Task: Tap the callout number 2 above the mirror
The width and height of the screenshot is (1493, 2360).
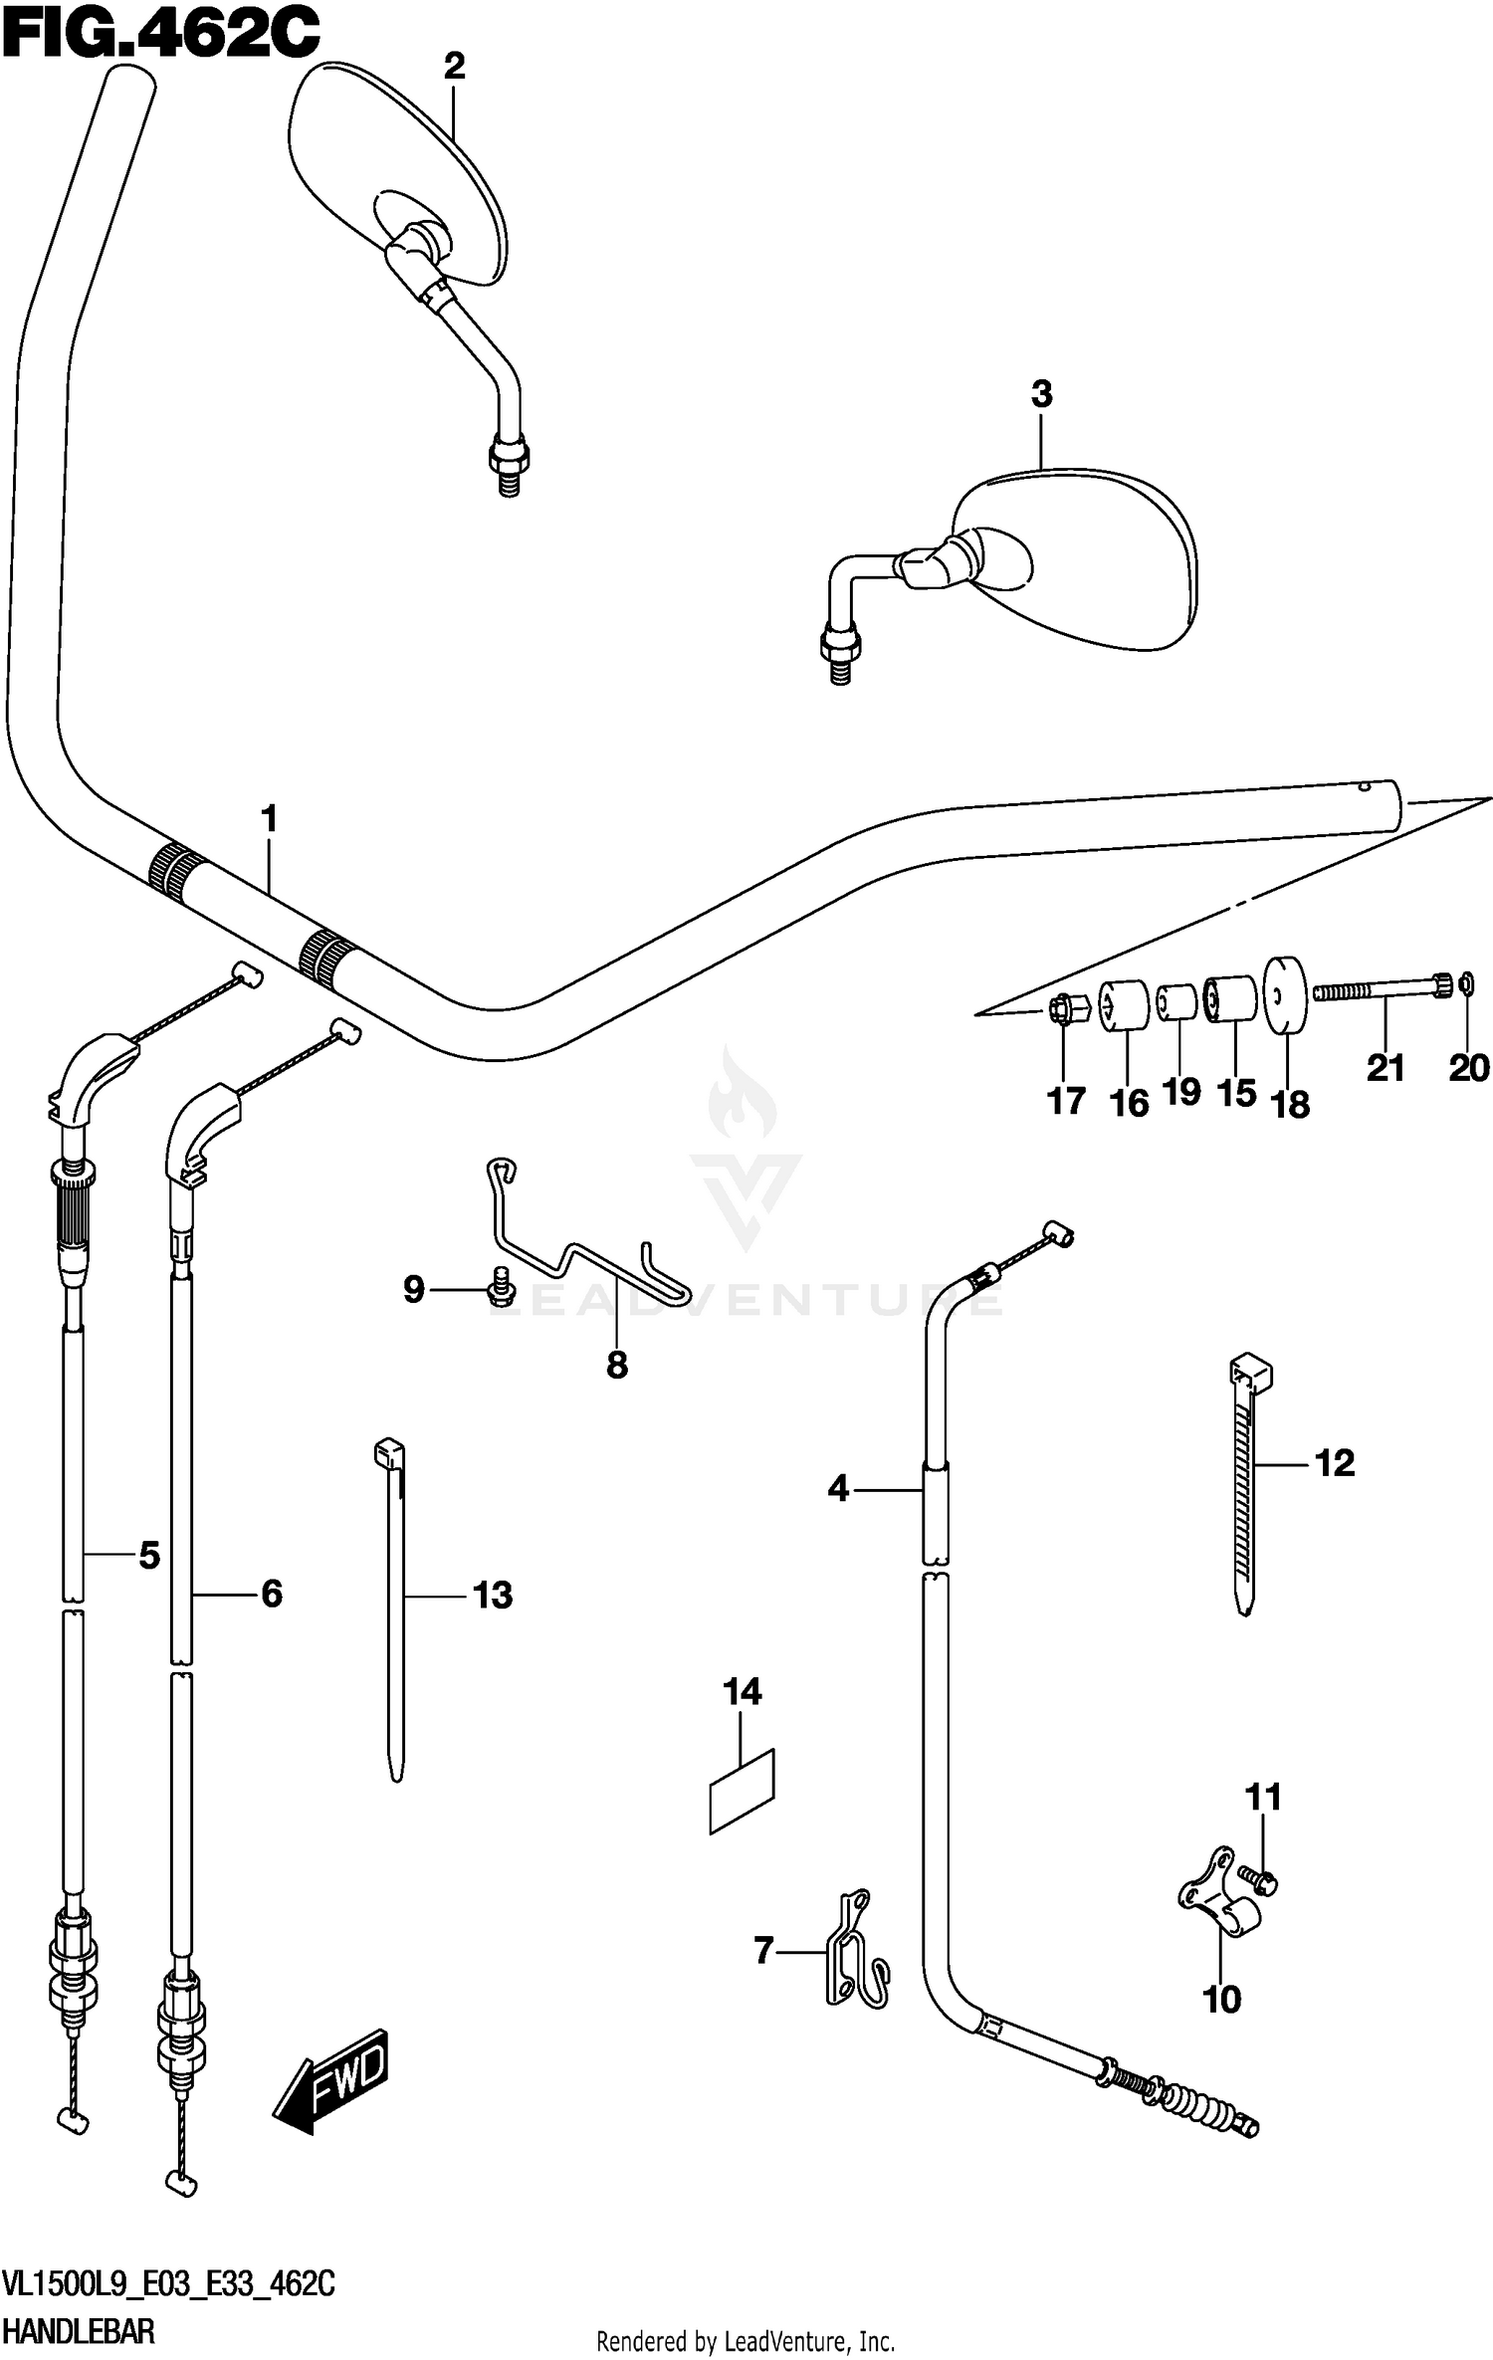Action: click(454, 67)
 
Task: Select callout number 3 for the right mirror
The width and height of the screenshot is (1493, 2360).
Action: click(1041, 394)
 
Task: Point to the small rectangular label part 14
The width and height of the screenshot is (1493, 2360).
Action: click(742, 1791)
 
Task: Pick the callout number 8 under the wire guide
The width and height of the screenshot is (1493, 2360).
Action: click(617, 1365)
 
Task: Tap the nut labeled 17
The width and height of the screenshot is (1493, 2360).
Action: click(1062, 1010)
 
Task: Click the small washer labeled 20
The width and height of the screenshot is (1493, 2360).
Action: click(1466, 985)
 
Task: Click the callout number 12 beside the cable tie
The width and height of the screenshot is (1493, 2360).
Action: click(1335, 1463)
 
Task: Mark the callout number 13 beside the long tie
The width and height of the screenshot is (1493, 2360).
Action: click(493, 1595)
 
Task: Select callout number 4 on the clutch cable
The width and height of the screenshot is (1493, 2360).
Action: click(838, 1489)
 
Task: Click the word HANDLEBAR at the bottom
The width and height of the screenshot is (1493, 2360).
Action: click(79, 2331)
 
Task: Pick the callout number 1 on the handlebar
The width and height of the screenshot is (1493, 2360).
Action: click(269, 819)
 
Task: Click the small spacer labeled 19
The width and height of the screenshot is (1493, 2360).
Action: click(1177, 1001)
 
